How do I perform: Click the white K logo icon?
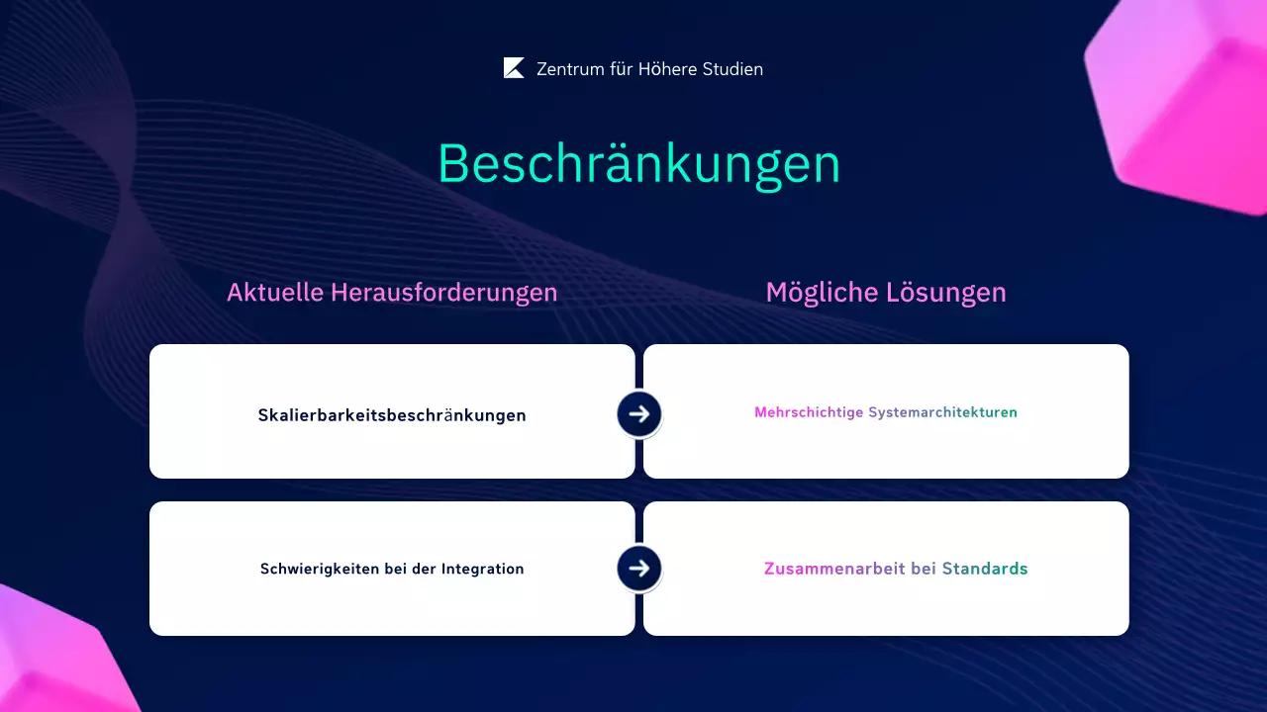coord(514,68)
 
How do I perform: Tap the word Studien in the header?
coord(730,69)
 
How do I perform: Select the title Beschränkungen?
coord(638,164)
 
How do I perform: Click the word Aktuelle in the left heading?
coord(275,293)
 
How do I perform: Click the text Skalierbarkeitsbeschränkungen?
coord(392,415)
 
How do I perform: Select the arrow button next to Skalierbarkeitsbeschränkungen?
coord(639,414)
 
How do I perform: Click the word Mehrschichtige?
coord(809,412)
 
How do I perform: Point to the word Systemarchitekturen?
coord(942,412)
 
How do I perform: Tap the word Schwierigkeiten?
coord(320,570)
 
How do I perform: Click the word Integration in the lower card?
coord(482,569)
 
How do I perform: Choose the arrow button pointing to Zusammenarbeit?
coord(639,569)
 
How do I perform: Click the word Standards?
coord(985,569)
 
